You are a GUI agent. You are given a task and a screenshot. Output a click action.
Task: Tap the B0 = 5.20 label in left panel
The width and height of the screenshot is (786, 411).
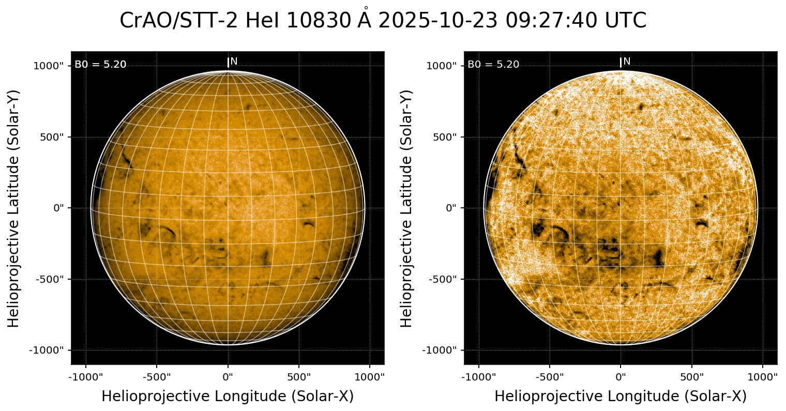[100, 65]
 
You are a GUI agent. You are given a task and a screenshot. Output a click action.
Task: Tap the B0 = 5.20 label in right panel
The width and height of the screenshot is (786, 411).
[493, 65]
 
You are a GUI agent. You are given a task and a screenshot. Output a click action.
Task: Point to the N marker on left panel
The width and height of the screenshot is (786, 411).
[233, 62]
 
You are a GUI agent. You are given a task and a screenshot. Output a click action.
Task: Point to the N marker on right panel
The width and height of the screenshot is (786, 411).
[626, 62]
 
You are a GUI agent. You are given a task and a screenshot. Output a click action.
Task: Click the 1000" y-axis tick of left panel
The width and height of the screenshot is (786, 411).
[49, 66]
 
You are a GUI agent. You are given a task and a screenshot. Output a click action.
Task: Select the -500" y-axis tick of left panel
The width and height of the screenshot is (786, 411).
[52, 279]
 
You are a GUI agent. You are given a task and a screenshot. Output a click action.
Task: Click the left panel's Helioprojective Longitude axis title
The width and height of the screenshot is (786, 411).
[228, 397]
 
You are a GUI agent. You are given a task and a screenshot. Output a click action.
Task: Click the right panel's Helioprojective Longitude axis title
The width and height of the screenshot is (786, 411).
[621, 397]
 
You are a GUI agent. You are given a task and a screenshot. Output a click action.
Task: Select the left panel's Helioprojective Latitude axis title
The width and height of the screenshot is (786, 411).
[14, 208]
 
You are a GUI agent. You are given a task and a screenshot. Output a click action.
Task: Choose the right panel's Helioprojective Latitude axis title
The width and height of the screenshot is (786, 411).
[407, 208]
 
